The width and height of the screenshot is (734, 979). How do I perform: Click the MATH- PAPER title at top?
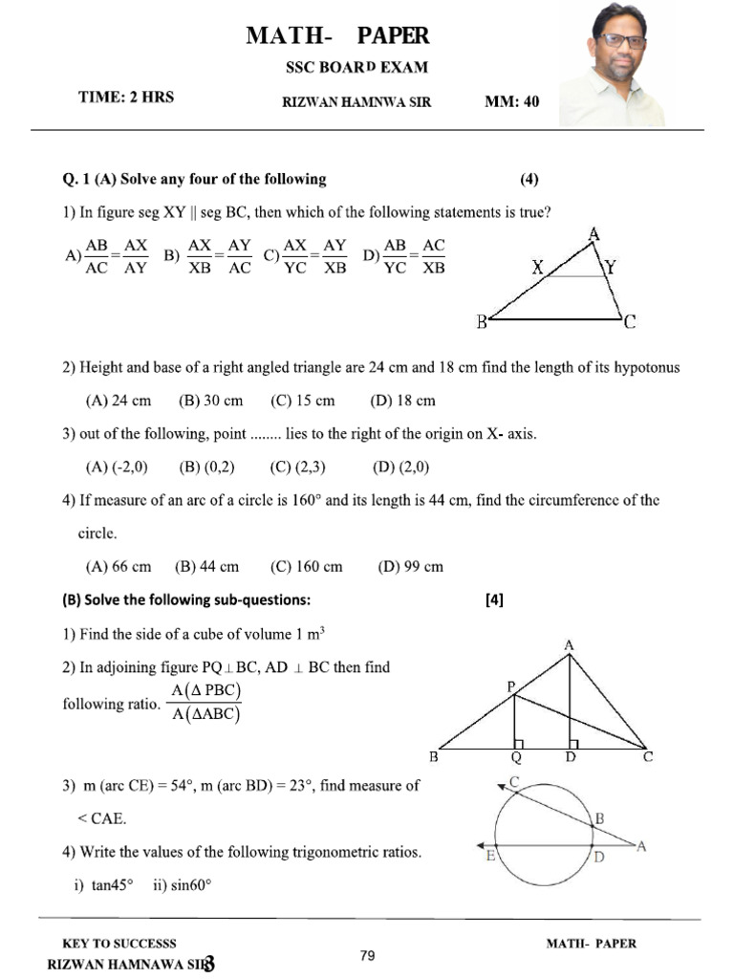[337, 36]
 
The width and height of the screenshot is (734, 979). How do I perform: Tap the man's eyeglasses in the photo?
[619, 41]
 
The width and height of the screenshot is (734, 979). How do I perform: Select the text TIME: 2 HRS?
[125, 98]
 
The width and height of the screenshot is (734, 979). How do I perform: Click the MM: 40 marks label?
[511, 102]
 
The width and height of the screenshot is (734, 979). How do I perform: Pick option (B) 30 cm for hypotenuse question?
[210, 401]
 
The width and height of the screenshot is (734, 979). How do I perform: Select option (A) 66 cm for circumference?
[119, 566]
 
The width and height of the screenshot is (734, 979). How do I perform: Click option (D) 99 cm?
[410, 566]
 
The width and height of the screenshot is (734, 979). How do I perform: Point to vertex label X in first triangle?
[539, 271]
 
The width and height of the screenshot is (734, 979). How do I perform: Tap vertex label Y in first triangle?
[609, 271]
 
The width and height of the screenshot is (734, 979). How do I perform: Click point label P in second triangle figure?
[511, 685]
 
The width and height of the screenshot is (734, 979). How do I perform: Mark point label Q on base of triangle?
[516, 758]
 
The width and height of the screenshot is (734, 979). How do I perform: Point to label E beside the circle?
[489, 856]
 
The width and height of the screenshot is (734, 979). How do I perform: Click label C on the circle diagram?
[514, 782]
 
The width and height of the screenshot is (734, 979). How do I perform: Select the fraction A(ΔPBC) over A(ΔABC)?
[205, 703]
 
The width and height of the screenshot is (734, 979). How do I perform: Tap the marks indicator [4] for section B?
[494, 600]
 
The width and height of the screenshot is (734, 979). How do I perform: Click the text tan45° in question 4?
[112, 885]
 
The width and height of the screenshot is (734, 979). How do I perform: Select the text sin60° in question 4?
[182, 885]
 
